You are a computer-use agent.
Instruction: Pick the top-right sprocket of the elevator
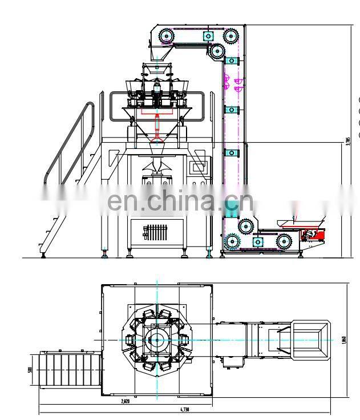(230, 37)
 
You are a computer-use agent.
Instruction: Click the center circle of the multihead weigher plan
(157, 340)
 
